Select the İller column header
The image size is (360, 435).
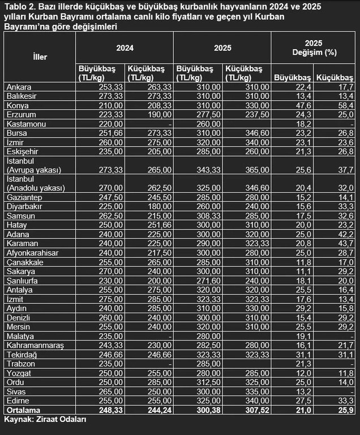40,57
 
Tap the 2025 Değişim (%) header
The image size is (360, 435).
314,49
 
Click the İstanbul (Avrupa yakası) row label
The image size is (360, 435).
33,165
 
